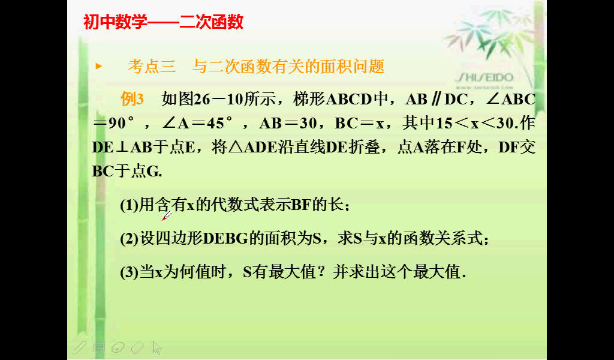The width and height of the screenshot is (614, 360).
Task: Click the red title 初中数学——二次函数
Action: [x=163, y=22]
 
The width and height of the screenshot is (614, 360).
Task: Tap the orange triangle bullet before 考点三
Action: [x=99, y=66]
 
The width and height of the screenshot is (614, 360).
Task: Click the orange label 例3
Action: [x=133, y=100]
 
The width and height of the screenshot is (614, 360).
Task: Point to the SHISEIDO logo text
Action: [x=484, y=77]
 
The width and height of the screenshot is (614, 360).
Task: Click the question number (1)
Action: [x=130, y=205]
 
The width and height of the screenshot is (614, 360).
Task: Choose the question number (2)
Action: [x=130, y=239]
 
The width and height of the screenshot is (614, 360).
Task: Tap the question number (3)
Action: [x=130, y=272]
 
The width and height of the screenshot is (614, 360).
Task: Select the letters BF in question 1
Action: [x=300, y=205]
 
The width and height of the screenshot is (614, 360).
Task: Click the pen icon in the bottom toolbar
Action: [x=79, y=347]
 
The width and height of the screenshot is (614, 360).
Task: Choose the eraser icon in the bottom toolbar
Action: [x=137, y=347]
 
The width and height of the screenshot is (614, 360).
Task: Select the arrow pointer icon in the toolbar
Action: [x=157, y=347]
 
